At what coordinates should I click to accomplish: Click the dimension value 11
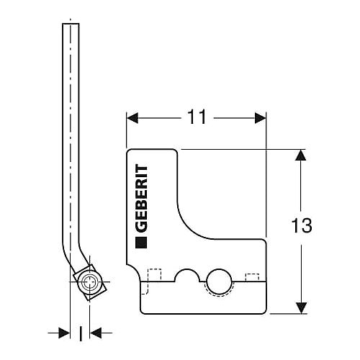(x=197, y=117)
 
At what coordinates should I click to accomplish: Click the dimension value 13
(x=302, y=225)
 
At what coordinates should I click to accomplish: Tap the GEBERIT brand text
(x=141, y=198)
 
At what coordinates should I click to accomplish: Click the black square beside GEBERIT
(x=141, y=243)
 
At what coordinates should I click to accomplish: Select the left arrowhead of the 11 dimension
(x=132, y=118)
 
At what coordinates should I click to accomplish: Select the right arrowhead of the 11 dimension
(x=261, y=118)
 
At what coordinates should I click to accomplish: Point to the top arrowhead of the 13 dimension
(x=301, y=155)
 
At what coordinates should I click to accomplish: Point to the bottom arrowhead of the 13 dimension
(x=301, y=308)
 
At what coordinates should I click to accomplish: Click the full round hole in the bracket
(x=219, y=281)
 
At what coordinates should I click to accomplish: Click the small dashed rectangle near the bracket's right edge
(x=252, y=277)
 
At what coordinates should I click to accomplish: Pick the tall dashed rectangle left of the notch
(x=155, y=275)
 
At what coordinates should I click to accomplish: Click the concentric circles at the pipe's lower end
(x=89, y=282)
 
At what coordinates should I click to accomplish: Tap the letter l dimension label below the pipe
(x=81, y=333)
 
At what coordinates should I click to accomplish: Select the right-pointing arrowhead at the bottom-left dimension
(x=64, y=333)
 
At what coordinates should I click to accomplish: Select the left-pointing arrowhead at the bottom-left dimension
(x=96, y=333)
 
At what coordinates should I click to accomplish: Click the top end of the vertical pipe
(x=71, y=24)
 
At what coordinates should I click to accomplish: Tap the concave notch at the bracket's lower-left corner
(x=135, y=272)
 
